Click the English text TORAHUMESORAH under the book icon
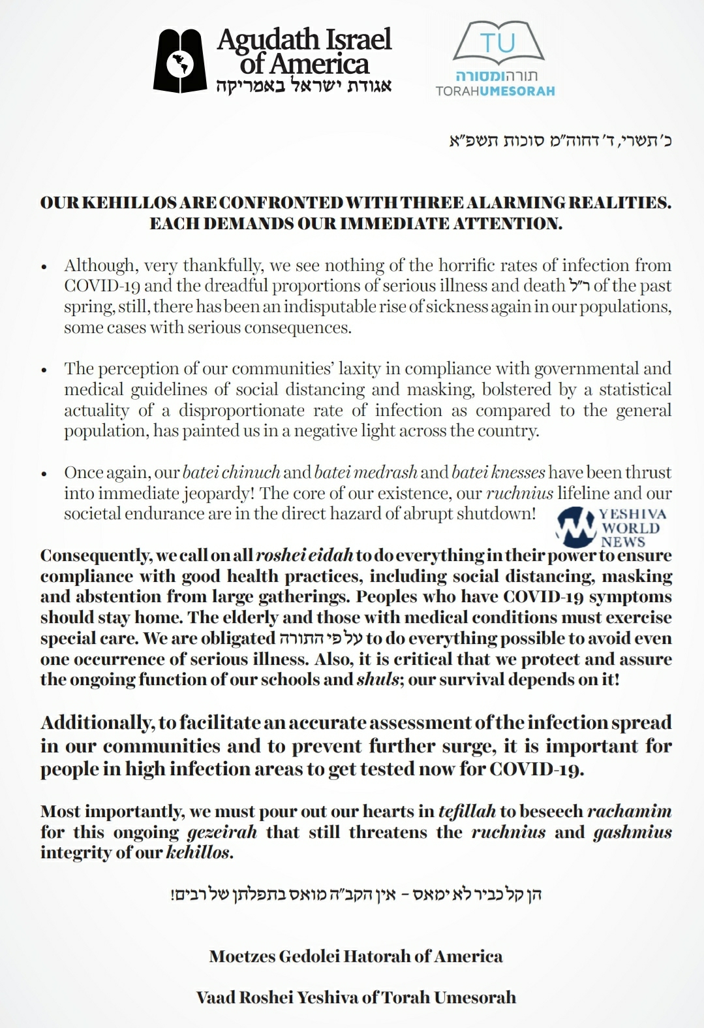coord(495,91)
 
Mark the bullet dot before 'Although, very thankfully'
coord(44,267)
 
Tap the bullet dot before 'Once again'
coord(44,474)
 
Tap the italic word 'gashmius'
coord(632,833)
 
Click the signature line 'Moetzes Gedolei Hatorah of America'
coord(356,957)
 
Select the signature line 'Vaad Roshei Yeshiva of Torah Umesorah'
coord(356,998)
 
